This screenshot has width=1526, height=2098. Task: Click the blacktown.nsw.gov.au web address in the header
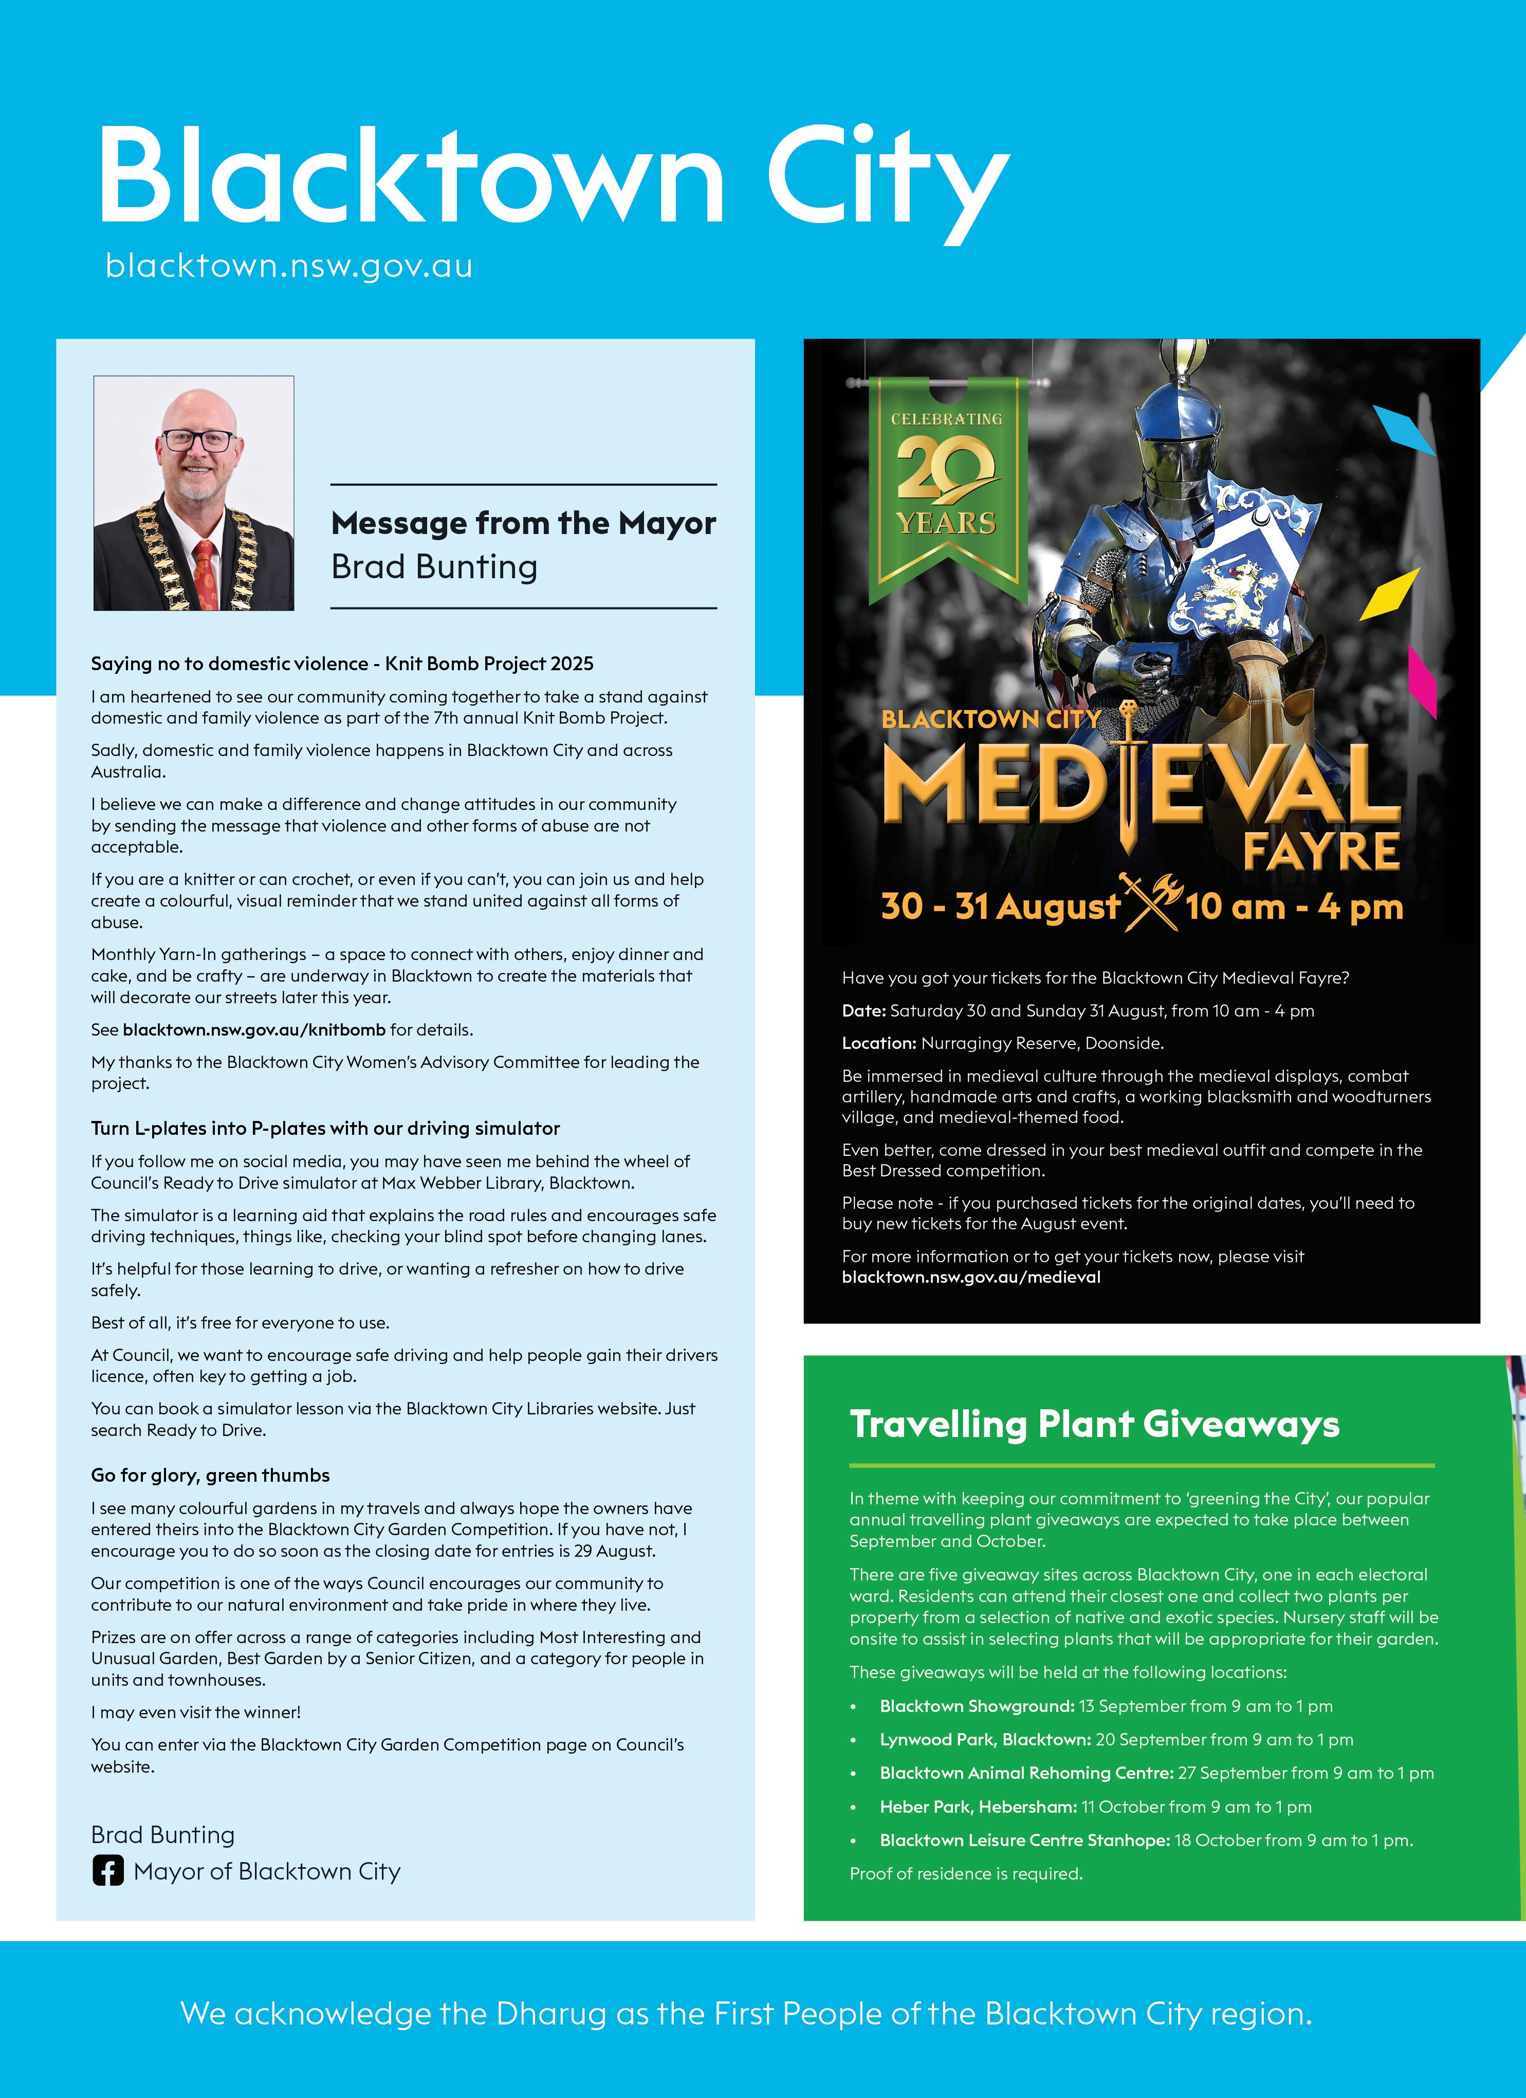[288, 266]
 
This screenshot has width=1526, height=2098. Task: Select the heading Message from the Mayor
[523, 524]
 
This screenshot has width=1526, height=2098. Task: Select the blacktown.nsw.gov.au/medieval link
[971, 1278]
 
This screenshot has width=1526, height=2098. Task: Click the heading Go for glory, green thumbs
[210, 1476]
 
